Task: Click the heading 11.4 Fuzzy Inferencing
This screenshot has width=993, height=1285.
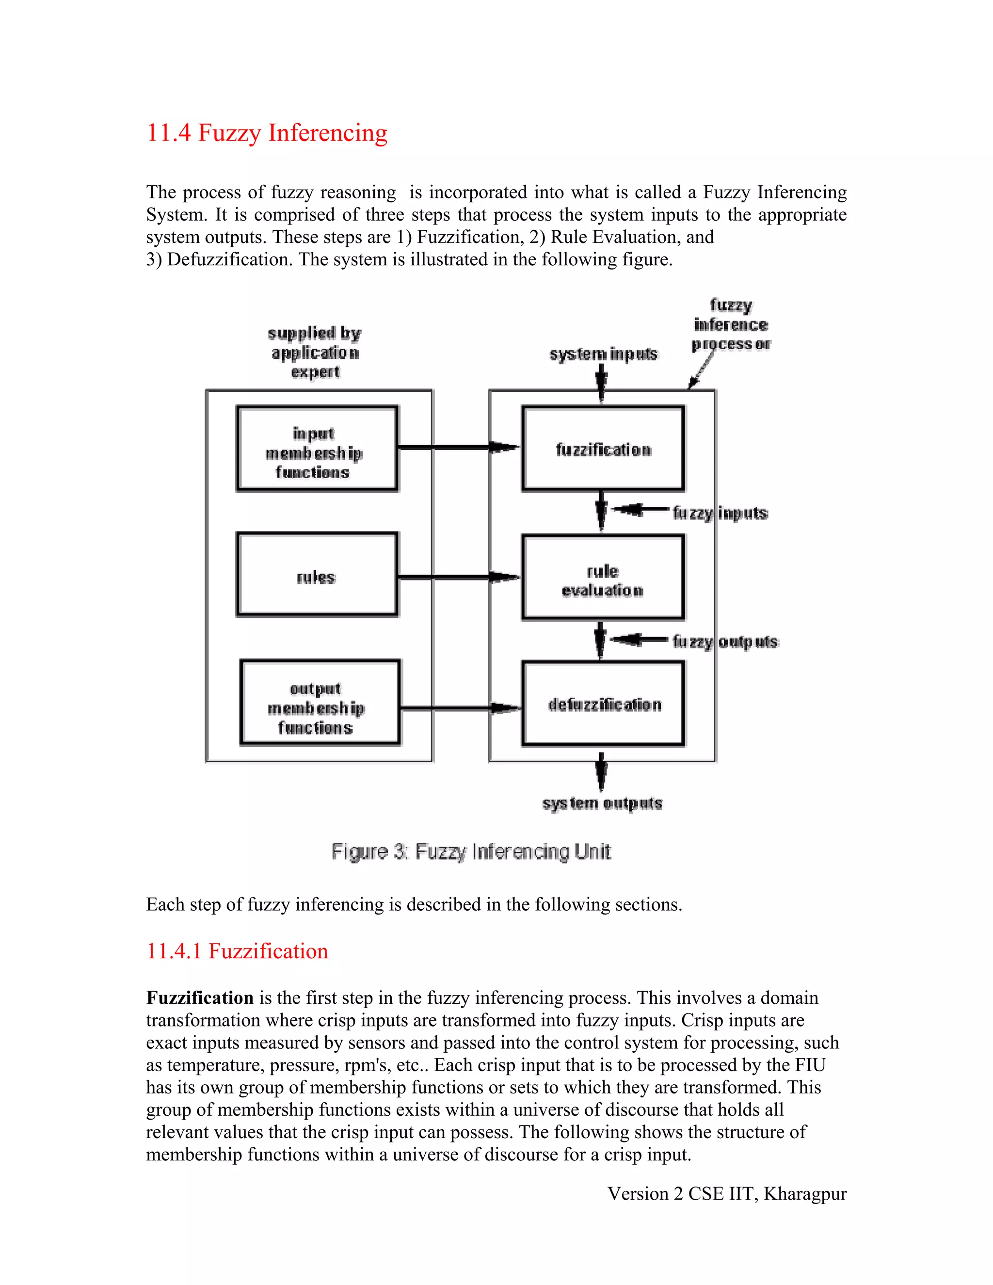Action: click(267, 133)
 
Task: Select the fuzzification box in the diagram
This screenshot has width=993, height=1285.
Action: click(603, 449)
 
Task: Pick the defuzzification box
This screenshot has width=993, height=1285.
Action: click(603, 704)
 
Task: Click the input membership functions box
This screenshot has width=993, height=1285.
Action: click(317, 449)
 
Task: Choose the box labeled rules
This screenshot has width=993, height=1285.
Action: click(317, 575)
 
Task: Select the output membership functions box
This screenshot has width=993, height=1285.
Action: click(320, 703)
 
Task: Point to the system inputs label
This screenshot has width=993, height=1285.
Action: click(603, 354)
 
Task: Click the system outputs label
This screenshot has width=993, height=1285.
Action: click(602, 803)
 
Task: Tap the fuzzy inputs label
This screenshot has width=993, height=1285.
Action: click(720, 513)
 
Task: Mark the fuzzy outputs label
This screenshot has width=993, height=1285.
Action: click(725, 642)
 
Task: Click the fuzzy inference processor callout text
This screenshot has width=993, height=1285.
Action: click(731, 325)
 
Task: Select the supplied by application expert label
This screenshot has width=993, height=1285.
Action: click(315, 352)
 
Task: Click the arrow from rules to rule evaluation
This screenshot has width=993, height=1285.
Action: click(459, 577)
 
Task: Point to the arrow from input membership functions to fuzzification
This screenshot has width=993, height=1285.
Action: click(459, 448)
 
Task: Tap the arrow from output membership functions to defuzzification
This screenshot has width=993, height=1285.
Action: click(460, 708)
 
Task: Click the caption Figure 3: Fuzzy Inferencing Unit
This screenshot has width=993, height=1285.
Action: click(471, 851)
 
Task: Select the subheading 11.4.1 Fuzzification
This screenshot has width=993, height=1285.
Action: click(237, 951)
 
